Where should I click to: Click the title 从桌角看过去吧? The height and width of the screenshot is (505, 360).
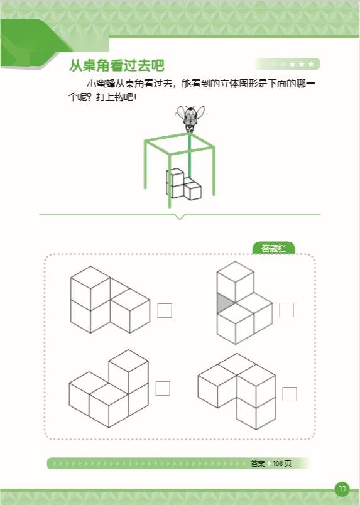117,66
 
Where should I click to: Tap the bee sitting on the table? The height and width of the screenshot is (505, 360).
190,118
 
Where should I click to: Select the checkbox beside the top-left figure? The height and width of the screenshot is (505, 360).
165,310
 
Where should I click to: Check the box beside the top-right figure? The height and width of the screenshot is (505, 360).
286,310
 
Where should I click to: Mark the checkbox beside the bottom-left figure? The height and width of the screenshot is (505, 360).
163,388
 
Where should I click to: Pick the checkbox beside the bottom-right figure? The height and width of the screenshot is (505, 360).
290,394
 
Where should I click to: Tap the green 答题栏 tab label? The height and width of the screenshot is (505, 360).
274,248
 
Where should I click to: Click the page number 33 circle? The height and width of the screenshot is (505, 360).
342,489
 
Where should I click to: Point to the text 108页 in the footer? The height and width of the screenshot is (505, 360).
282,464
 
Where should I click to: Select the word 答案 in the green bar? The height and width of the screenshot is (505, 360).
258,464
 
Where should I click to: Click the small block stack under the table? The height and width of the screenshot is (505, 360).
183,184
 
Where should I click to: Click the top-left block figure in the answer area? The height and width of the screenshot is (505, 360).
110,300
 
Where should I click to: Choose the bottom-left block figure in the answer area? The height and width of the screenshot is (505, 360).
109,388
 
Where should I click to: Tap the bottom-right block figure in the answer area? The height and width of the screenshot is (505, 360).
237,391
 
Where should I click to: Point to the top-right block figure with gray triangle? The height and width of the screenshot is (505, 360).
244,302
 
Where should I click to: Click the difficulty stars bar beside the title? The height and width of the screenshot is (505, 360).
287,64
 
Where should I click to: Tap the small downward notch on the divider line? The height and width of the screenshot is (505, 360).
180,217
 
